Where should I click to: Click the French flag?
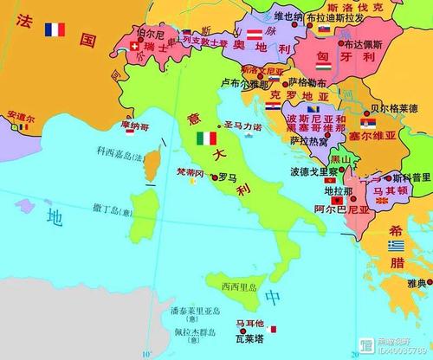[55, 29]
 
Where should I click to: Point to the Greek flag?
[395, 246]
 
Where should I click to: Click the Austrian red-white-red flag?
[255, 35]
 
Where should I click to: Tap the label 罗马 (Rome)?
[228, 176]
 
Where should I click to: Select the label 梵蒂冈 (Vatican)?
[190, 172]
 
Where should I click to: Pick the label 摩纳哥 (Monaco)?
[134, 126]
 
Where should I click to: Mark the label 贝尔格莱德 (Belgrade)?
[399, 108]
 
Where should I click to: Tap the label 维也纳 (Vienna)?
[288, 16]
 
